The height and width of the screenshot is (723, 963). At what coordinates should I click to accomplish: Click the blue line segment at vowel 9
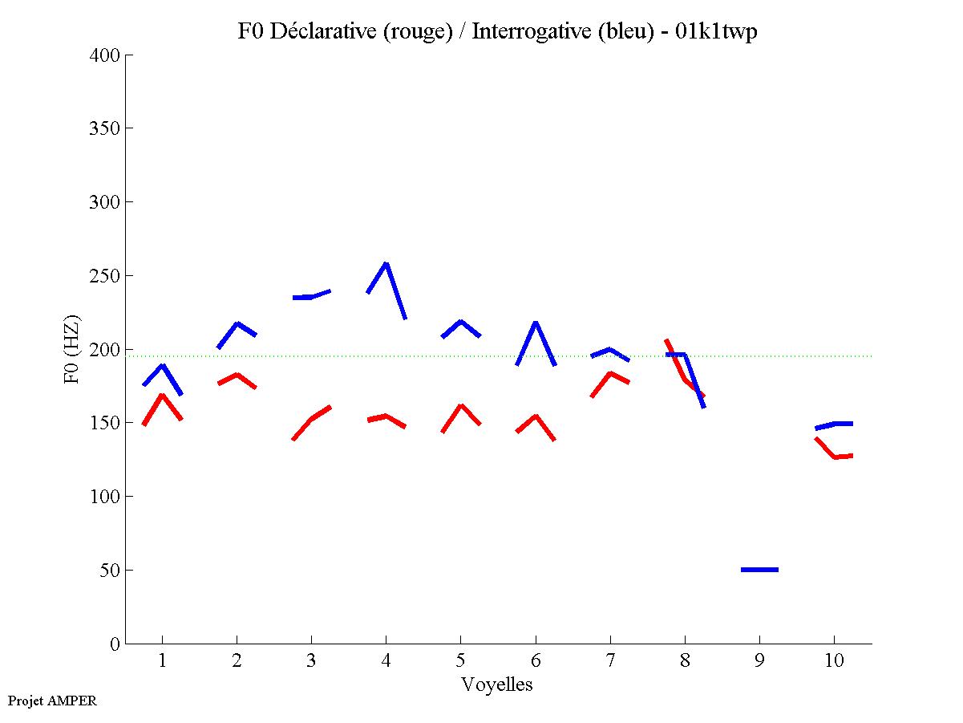pyautogui.click(x=759, y=570)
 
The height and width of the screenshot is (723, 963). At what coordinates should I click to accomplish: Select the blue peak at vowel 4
pyautogui.click(x=386, y=264)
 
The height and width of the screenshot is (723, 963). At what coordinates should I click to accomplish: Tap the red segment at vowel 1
pyautogui.click(x=163, y=396)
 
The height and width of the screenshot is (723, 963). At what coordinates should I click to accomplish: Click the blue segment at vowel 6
pyautogui.click(x=536, y=323)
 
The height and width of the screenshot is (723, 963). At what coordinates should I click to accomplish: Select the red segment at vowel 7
pyautogui.click(x=610, y=374)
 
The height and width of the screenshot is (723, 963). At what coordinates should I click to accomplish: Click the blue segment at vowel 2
pyautogui.click(x=237, y=324)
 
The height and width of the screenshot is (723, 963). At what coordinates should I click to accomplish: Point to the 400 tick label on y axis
pyautogui.click(x=105, y=55)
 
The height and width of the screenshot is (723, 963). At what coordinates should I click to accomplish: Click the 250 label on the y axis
pyautogui.click(x=105, y=276)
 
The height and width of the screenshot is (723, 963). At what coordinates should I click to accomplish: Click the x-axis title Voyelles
pyautogui.click(x=497, y=684)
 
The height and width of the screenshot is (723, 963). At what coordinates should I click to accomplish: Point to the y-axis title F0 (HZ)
pyautogui.click(x=73, y=349)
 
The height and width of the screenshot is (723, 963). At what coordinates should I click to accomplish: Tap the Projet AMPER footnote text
pyautogui.click(x=52, y=701)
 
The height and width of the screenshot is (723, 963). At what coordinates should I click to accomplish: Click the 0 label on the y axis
pyautogui.click(x=115, y=644)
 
